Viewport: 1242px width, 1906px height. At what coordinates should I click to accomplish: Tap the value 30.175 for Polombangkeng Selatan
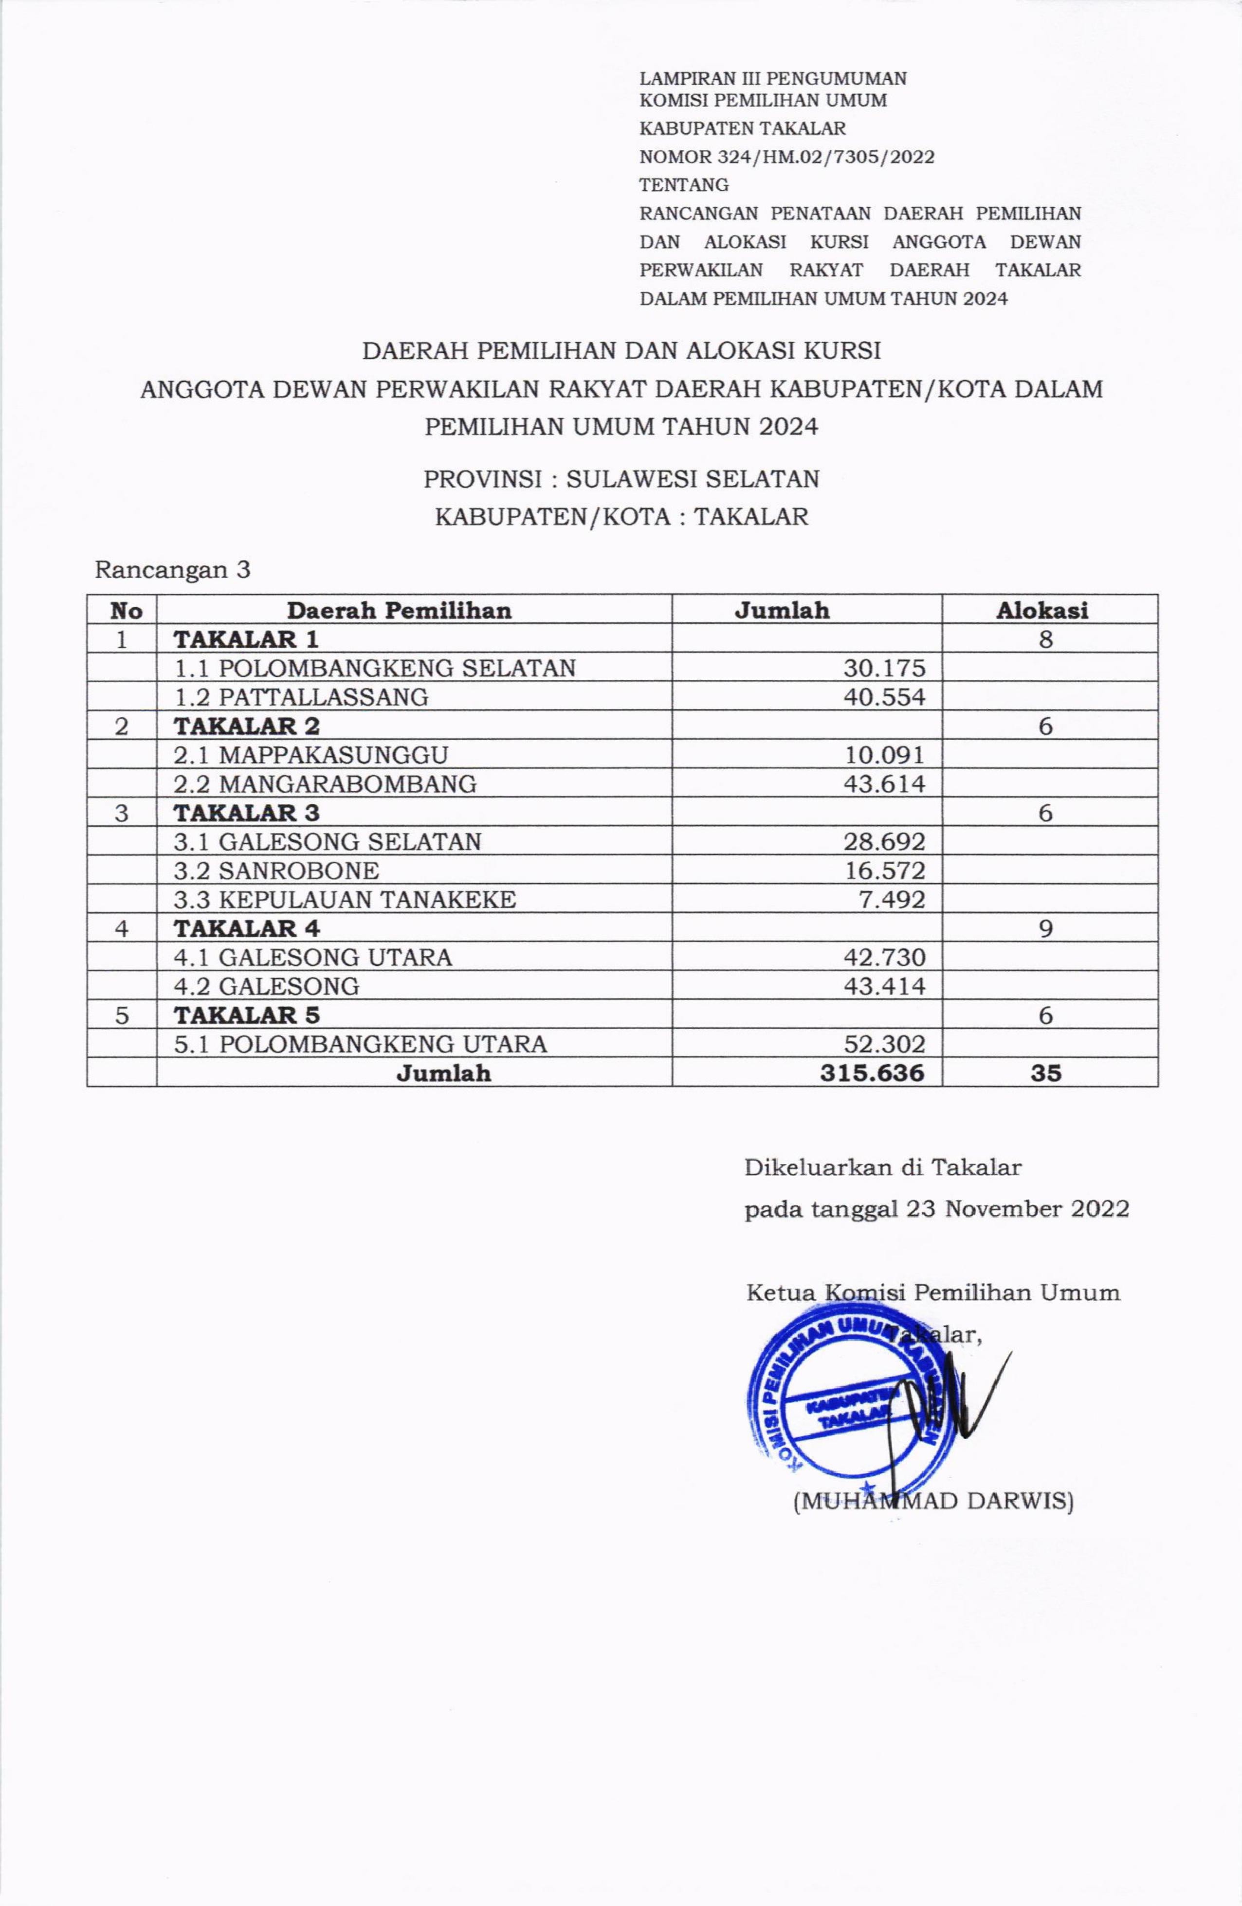coord(884,668)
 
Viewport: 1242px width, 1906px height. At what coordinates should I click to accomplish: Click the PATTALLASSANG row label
coord(302,697)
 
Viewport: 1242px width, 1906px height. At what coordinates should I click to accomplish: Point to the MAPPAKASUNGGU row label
coord(311,754)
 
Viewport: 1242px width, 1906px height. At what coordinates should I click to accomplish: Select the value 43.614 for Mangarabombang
coord(884,783)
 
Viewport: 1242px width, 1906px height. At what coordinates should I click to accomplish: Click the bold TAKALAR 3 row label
coord(247,812)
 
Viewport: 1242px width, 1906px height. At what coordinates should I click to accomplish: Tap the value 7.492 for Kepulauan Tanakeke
coord(892,899)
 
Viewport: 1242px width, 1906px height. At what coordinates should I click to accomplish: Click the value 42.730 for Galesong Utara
coord(884,957)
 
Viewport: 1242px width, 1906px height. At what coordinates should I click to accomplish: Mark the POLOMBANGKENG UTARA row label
coord(361,1043)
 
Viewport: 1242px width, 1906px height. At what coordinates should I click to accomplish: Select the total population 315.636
coord(872,1072)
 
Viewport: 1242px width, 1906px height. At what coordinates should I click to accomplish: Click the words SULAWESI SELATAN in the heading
coord(693,479)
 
